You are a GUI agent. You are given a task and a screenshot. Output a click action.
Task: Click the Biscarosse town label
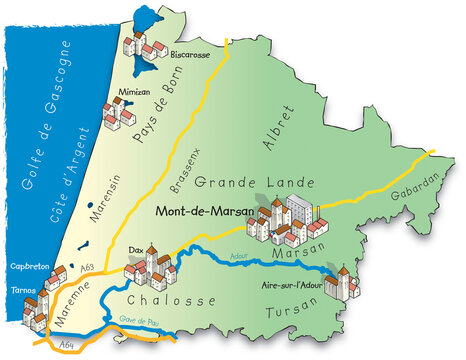pos(190,56)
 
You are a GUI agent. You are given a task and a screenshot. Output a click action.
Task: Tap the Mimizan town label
pos(135,91)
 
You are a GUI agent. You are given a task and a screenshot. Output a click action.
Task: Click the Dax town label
pos(137,250)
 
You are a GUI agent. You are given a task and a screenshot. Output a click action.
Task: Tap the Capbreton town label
pos(28,268)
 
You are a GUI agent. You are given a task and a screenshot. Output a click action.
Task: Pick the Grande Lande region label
pos(255,183)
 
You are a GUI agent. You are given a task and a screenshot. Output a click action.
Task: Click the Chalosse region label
pos(172,301)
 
